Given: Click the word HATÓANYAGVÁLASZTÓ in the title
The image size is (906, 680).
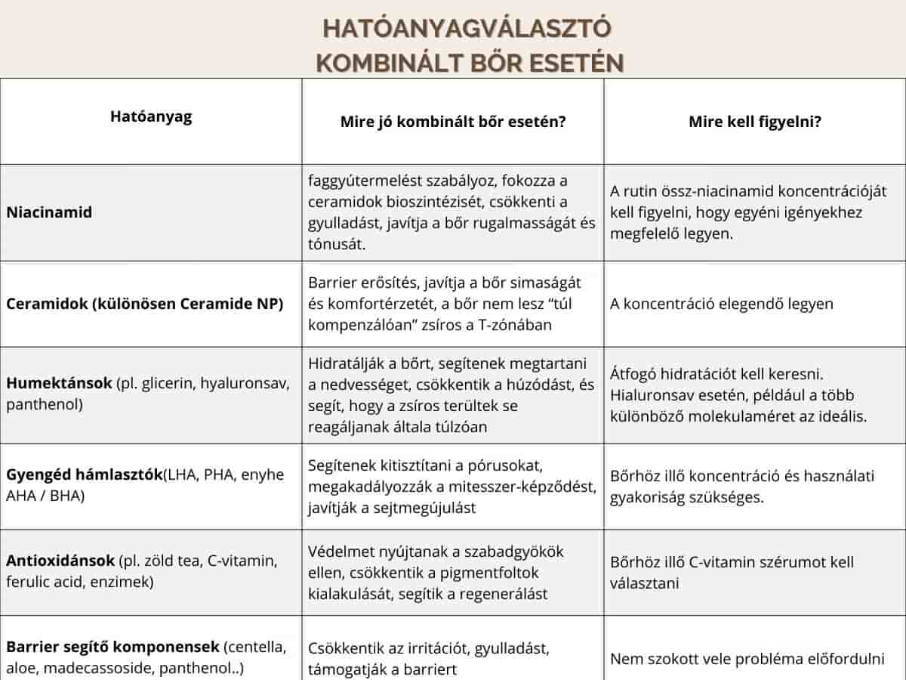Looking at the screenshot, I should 467,28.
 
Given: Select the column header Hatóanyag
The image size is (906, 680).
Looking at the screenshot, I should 151,116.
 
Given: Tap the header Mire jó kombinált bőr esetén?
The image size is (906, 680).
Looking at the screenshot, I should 453,121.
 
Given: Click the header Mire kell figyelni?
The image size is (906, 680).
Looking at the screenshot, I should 755,121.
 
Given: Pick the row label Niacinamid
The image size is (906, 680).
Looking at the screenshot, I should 49,212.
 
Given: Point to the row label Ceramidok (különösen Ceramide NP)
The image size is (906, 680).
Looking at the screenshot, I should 145,304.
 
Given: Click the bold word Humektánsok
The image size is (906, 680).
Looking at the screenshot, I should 58,383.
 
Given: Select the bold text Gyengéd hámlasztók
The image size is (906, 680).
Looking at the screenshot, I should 85,474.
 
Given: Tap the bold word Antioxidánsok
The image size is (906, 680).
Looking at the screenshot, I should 60,561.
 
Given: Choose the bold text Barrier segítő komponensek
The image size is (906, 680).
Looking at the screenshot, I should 113,648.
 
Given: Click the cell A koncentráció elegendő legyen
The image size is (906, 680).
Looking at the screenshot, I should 722,304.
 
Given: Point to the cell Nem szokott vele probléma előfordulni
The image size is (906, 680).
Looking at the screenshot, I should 747,658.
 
